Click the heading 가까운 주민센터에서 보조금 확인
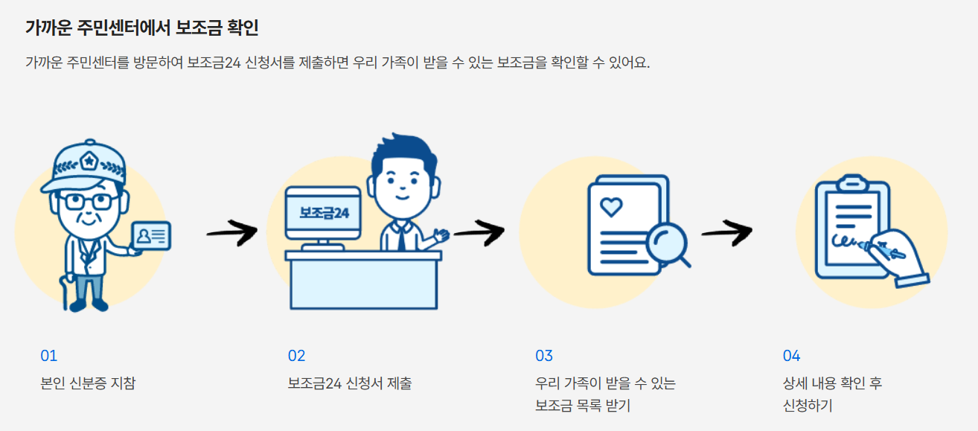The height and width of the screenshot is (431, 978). (141, 28)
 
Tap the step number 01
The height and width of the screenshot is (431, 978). (48, 356)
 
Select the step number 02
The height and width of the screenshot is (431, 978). (296, 356)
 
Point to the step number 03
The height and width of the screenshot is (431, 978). (544, 356)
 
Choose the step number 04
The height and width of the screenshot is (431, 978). (791, 356)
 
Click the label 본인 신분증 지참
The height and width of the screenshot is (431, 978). (88, 384)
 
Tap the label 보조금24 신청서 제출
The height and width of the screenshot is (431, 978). (349, 384)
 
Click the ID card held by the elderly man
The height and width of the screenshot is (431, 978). (150, 236)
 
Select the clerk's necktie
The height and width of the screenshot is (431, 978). (400, 237)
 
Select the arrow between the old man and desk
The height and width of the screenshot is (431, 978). (231, 233)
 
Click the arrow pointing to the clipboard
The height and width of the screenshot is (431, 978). (726, 233)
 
